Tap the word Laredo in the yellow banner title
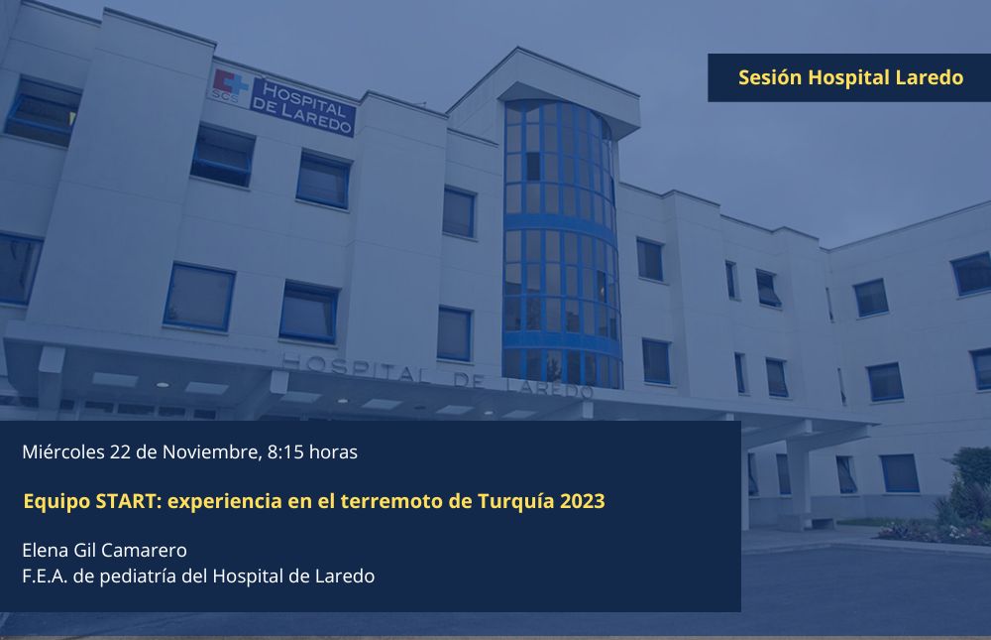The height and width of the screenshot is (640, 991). click(930, 77)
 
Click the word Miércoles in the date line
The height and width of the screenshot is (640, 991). click(63, 452)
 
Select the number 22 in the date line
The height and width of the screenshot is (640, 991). click(120, 452)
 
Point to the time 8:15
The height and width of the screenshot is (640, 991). click(285, 452)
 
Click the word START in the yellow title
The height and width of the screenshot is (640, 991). click(129, 501)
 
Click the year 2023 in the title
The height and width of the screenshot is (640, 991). click(582, 501)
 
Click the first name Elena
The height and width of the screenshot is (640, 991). click(46, 550)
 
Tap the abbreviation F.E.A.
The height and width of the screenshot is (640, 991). click(45, 576)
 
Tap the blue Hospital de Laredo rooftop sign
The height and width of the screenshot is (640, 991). click(302, 107)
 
